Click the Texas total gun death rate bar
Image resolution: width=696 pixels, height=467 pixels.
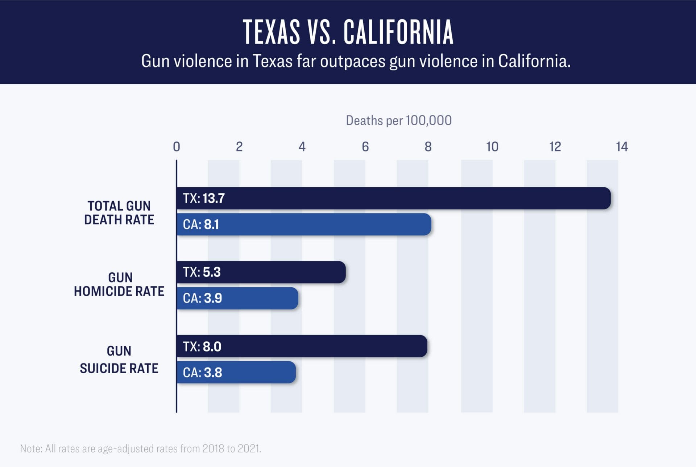pyautogui.click(x=393, y=198)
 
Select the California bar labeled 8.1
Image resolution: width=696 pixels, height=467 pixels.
pyautogui.click(x=304, y=224)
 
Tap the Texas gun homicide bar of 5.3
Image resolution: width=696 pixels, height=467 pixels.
pyautogui.click(x=261, y=272)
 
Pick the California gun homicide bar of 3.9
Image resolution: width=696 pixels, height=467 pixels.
pyautogui.click(x=237, y=298)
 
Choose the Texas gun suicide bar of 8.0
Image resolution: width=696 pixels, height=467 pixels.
pyautogui.click(x=302, y=346)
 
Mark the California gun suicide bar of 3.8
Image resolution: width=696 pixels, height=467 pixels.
pyautogui.click(x=236, y=372)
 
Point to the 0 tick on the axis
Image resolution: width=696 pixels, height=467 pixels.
pyautogui.click(x=177, y=147)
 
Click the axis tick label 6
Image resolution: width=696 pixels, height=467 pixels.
pyautogui.click(x=365, y=147)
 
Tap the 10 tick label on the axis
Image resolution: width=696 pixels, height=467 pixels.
pyautogui.click(x=492, y=147)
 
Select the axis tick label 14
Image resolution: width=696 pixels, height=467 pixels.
pyautogui.click(x=622, y=147)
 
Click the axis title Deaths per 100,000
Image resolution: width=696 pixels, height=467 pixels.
pyautogui.click(x=399, y=121)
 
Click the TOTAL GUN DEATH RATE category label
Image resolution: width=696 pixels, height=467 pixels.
pyautogui.click(x=119, y=213)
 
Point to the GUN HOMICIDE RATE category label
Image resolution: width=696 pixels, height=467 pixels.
pyautogui.click(x=119, y=284)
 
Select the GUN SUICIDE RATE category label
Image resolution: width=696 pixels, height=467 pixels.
pyautogui.click(x=119, y=360)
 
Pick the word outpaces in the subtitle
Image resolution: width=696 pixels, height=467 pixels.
pyautogui.click(x=352, y=61)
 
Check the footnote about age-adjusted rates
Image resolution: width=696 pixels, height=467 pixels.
pyautogui.click(x=141, y=448)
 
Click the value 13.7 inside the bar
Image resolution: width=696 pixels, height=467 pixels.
pyautogui.click(x=214, y=198)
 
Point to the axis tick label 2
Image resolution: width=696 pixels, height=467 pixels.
pyautogui.click(x=239, y=147)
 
